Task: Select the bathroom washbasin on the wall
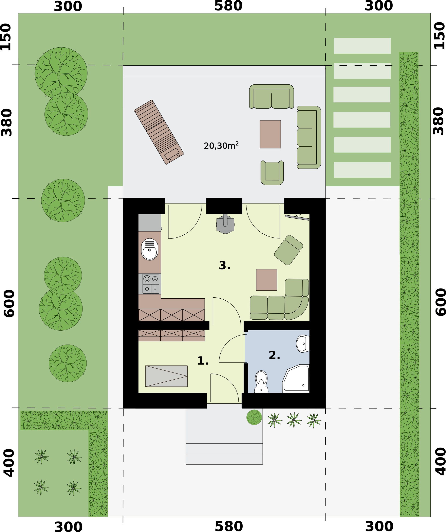coord(303,344)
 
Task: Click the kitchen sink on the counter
coord(150,249)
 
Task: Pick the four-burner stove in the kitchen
coord(151,284)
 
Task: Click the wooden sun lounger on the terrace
coord(159,132)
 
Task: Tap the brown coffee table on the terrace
coord(270,134)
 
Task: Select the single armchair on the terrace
coord(272,172)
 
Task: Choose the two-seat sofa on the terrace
coord(272,97)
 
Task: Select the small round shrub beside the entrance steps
coord(254,417)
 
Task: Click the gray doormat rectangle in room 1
coord(166,376)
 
